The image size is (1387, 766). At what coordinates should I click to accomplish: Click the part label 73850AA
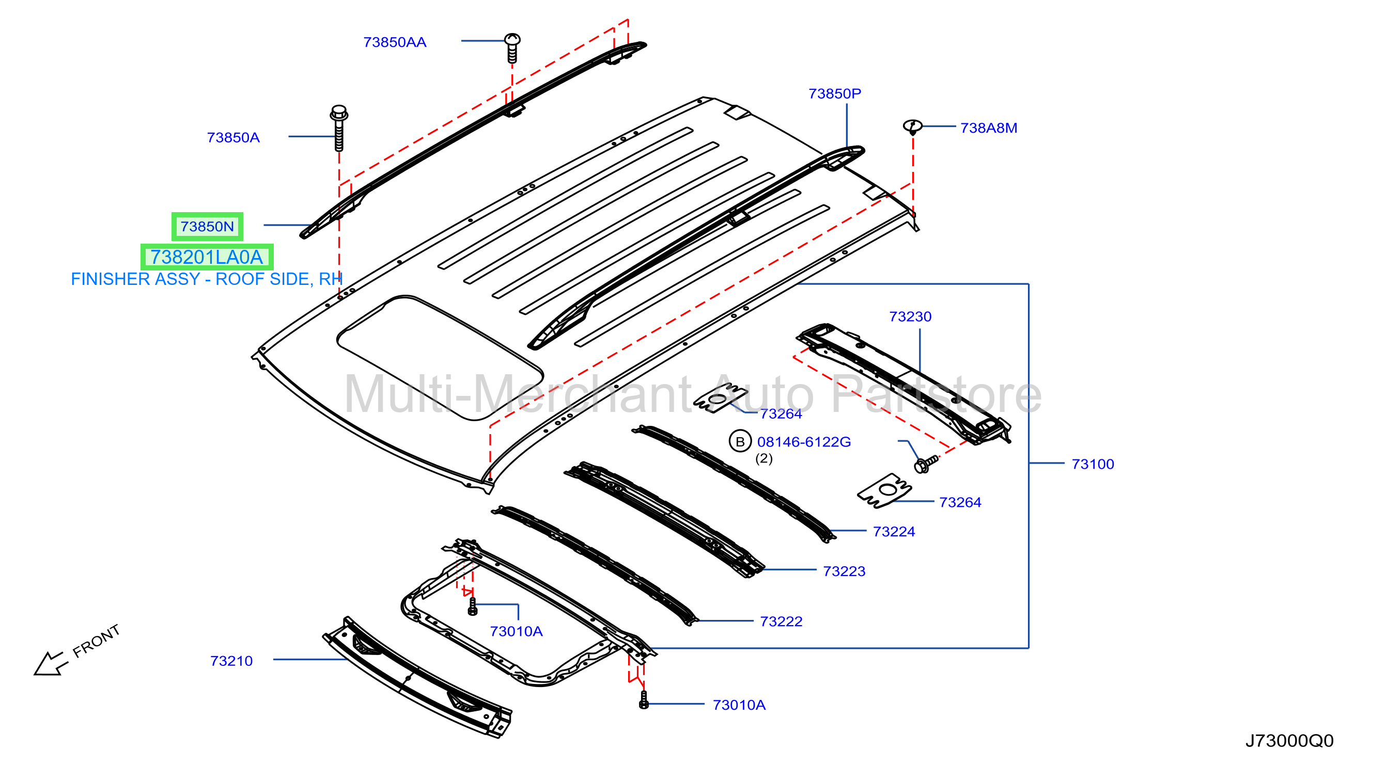pos(395,42)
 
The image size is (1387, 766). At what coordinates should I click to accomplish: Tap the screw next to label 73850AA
pos(512,48)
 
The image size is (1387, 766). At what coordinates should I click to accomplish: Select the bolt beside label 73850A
pos(339,128)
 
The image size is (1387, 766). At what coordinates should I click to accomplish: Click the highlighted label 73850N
pos(207,227)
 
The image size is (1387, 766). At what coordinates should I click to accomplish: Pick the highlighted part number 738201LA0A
pos(207,257)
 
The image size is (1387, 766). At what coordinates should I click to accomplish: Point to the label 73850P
pos(835,93)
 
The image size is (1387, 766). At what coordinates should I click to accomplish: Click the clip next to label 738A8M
pos(912,127)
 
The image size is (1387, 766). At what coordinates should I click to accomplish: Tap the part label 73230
pos(910,316)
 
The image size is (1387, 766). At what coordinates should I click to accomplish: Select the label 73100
pos(1093,464)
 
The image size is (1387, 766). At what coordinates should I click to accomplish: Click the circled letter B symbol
pos(740,441)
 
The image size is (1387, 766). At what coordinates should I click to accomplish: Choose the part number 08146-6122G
pos(804,442)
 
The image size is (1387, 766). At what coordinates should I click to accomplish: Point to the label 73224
pos(894,532)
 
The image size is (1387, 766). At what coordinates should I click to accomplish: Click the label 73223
pos(844,571)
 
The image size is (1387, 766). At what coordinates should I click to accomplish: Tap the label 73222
pos(781,621)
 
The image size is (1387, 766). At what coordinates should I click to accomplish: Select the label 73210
pos(231,661)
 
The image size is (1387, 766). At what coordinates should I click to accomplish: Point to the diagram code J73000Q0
pos(1289,741)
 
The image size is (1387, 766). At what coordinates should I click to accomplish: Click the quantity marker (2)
pos(763,458)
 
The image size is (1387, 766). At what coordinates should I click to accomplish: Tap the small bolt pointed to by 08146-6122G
pos(925,464)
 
